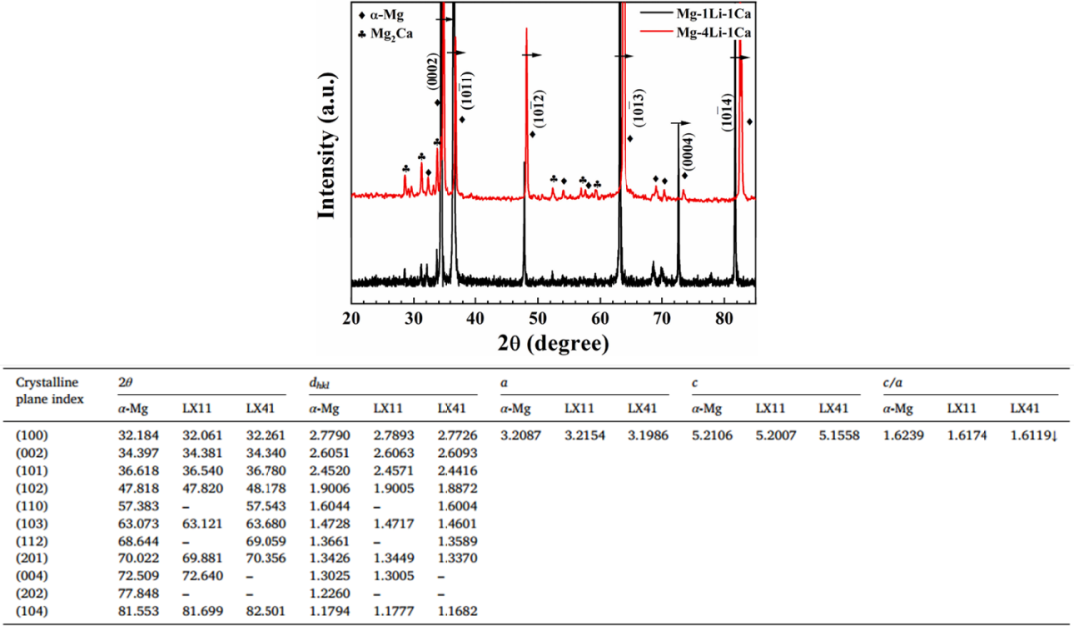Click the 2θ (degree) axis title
tap(552, 343)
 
